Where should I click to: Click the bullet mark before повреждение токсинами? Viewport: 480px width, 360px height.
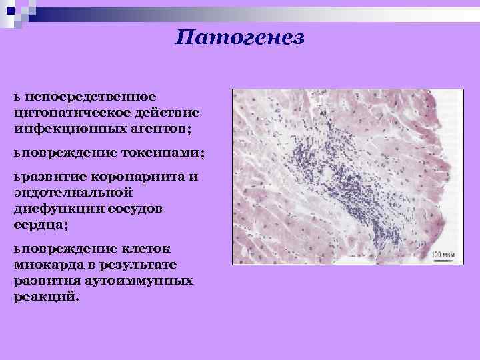pyautogui.click(x=17, y=153)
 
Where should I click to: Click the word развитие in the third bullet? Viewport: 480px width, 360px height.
pyautogui.click(x=50, y=178)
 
